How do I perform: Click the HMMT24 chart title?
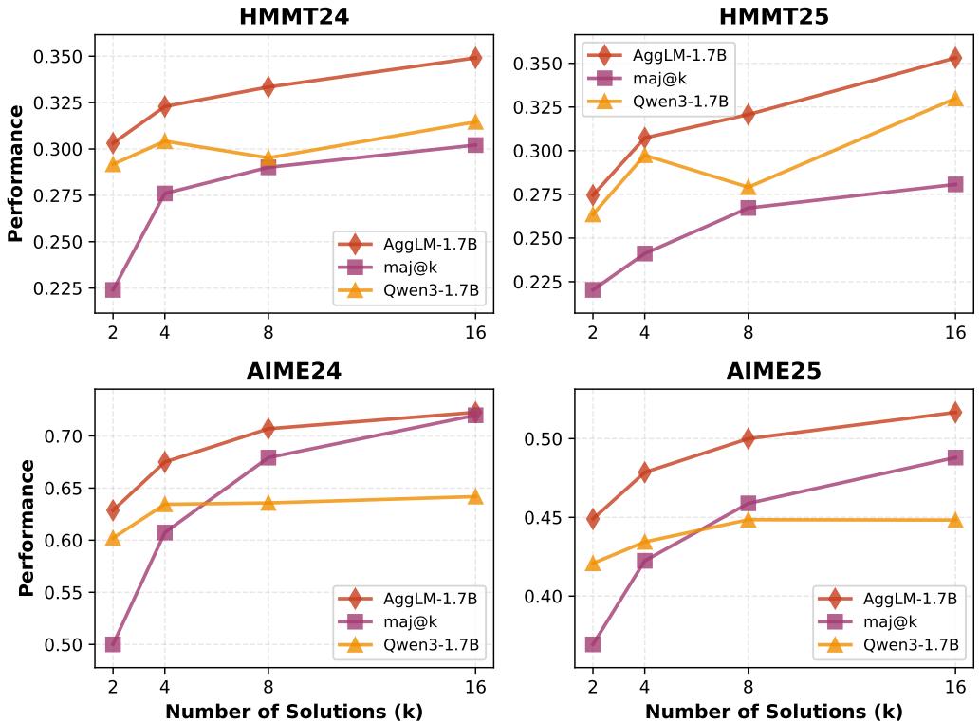pos(294,16)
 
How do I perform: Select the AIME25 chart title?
pos(774,371)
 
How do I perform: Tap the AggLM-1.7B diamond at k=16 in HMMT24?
pos(475,58)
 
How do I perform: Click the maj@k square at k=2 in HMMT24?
pos(113,289)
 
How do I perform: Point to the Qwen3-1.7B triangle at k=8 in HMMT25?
pos(748,187)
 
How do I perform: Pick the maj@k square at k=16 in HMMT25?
pos(955,184)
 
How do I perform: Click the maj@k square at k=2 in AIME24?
pos(113,644)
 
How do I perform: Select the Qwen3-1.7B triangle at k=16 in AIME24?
pos(475,496)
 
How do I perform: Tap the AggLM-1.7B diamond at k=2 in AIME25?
pos(593,519)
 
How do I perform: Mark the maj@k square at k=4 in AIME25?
pos(644,561)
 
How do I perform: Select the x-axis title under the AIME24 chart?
pos(294,711)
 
